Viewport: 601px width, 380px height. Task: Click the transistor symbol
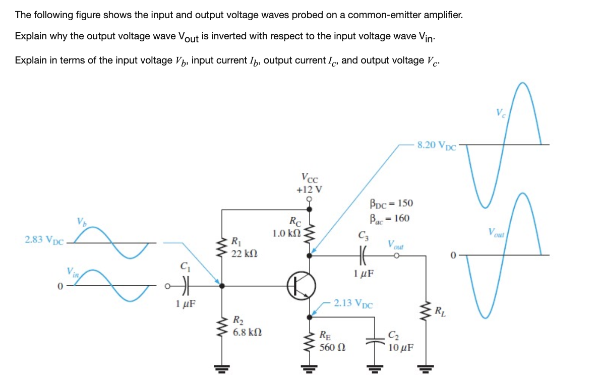click(x=302, y=285)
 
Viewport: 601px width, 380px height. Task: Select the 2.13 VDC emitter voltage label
click(x=353, y=303)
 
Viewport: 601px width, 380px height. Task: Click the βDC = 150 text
click(x=391, y=203)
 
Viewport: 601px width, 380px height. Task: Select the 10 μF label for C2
click(x=401, y=347)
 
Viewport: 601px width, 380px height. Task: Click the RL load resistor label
click(x=440, y=309)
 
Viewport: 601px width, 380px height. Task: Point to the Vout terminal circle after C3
click(x=397, y=256)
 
